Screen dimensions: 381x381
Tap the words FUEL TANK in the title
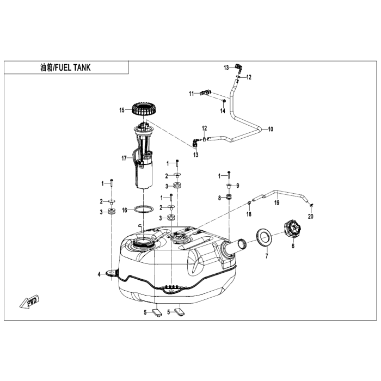click(x=72, y=67)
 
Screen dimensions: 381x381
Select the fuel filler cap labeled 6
click(x=293, y=229)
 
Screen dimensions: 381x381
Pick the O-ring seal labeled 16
click(x=144, y=209)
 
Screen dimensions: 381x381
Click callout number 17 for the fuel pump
click(x=124, y=158)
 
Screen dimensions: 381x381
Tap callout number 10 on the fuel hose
click(x=271, y=129)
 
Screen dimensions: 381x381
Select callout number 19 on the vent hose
click(x=276, y=202)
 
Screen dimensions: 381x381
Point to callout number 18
click(x=249, y=214)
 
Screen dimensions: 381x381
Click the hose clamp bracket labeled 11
click(x=205, y=93)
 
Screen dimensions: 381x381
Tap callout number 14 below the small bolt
click(x=223, y=111)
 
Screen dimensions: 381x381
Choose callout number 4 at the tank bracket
click(x=99, y=274)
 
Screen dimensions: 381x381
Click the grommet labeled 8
click(x=229, y=197)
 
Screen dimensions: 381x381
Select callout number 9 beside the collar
click(x=238, y=186)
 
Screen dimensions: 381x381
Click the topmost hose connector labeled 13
click(x=238, y=67)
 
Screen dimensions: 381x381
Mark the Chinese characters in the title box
click(x=46, y=67)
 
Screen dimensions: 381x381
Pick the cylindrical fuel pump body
click(x=144, y=174)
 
